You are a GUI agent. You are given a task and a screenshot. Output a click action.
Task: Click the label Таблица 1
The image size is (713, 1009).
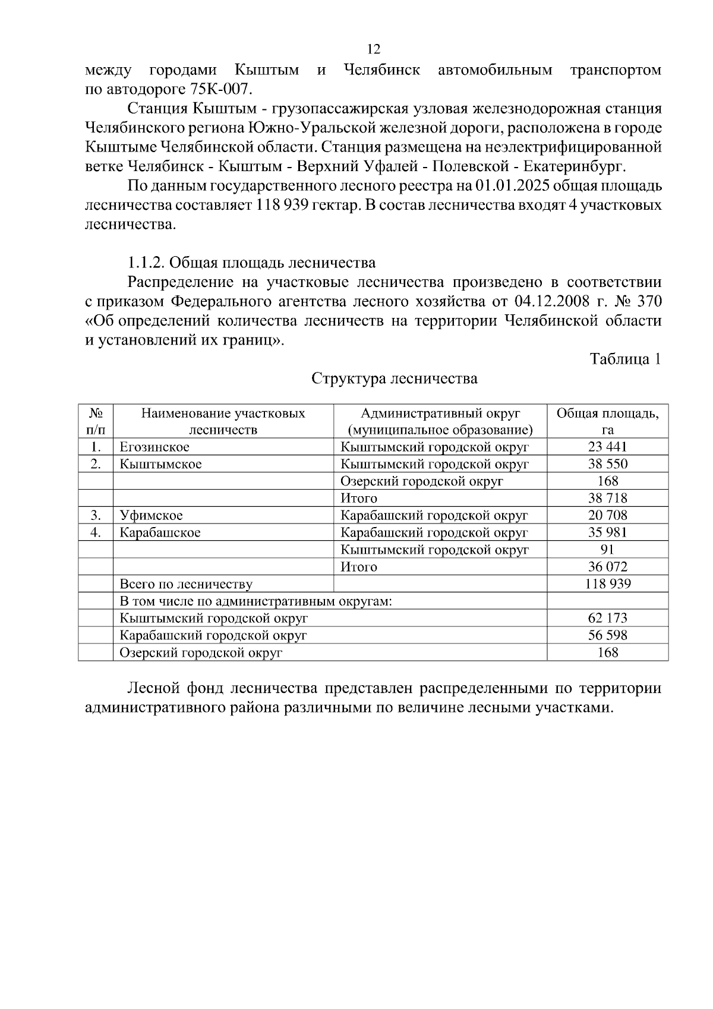click(624, 359)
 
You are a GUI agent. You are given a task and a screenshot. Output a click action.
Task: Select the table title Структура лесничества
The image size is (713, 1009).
click(395, 379)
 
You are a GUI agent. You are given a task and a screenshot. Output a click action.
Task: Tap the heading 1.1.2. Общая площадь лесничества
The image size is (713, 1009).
click(251, 263)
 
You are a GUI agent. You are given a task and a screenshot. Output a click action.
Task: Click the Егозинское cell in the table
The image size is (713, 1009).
click(154, 447)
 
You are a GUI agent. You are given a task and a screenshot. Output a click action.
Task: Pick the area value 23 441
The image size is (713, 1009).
click(607, 447)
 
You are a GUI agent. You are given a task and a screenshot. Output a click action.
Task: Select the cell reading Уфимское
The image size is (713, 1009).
click(151, 515)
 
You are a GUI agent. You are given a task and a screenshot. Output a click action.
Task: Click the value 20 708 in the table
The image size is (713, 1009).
click(607, 515)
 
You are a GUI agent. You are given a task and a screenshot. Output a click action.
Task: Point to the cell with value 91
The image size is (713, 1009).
click(607, 550)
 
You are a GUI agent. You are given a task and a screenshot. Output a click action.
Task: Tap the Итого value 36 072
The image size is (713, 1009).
click(607, 567)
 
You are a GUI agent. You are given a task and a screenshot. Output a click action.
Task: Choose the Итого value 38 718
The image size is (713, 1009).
click(607, 498)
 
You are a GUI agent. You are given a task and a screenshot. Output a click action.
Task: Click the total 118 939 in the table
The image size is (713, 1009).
click(607, 584)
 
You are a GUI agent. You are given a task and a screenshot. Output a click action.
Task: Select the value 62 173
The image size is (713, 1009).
click(607, 618)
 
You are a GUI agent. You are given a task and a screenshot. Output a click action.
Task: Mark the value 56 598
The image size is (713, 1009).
click(607, 635)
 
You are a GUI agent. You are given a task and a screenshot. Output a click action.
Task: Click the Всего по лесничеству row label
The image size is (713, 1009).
click(186, 584)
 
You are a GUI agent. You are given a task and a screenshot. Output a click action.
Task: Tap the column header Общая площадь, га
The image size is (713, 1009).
click(607, 421)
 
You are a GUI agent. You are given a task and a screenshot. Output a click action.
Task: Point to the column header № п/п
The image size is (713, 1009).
click(95, 421)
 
